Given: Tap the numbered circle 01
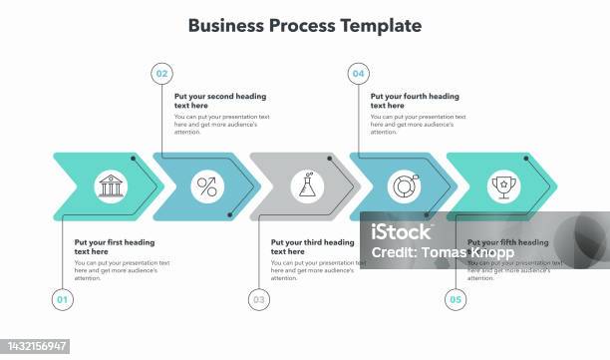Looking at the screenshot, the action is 62,298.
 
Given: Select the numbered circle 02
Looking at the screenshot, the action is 161,73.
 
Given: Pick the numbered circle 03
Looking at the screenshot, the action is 259,298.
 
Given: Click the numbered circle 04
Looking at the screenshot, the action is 358,73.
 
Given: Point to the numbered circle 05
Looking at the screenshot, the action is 456,298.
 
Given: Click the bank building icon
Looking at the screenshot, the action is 109,184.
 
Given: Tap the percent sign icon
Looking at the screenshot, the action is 207,184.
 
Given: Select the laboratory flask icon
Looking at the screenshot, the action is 305,184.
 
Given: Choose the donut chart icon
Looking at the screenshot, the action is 404,184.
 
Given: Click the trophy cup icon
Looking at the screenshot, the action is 501,184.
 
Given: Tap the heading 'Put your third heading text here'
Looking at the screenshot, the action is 312,246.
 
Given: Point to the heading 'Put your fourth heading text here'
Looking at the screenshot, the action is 414,101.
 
